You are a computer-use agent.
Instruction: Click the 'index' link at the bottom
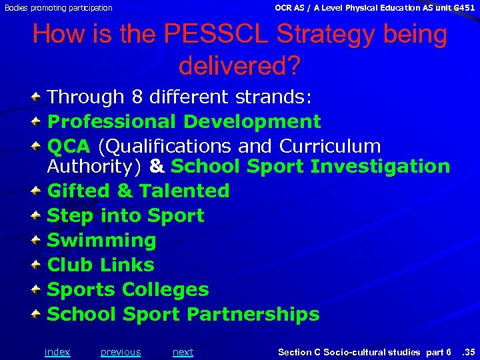57,352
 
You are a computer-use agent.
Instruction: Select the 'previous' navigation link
121,352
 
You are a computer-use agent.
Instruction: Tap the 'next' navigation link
183,352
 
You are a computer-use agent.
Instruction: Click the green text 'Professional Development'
184,121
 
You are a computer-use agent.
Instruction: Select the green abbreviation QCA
69,146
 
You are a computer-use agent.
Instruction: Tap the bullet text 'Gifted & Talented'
138,191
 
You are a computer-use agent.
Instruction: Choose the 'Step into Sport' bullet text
125,215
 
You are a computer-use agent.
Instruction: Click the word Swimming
101,240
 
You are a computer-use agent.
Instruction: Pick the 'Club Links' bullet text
101,265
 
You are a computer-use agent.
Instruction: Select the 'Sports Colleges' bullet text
128,289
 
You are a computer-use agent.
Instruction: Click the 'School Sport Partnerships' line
183,314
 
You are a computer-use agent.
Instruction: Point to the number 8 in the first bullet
137,97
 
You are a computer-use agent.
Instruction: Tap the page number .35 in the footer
469,352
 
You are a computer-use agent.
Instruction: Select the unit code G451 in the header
464,7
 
